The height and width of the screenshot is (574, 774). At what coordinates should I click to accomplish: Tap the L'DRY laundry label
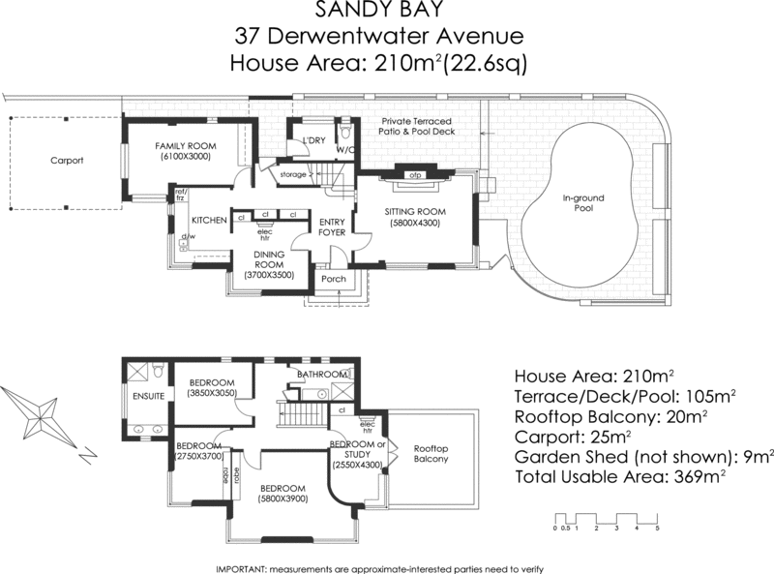coord(313,141)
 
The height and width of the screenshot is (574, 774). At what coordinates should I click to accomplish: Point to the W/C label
coord(345,150)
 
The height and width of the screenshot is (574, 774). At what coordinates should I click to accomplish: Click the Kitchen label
coord(209,221)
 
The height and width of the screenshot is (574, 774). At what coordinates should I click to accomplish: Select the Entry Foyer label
coord(332,227)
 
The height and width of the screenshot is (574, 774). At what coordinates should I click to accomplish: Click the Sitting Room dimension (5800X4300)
coord(414,222)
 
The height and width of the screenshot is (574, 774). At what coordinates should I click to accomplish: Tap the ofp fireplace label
coord(414,175)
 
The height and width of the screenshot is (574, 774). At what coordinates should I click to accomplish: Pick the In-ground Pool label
coord(583,202)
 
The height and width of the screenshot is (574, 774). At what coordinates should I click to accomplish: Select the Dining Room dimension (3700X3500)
coord(268,276)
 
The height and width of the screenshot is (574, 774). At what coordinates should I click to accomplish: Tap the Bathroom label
coord(321,374)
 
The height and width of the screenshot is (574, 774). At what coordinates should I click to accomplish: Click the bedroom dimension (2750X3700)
coord(198,455)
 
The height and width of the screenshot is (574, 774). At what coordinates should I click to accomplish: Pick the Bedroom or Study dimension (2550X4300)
coord(356,465)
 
